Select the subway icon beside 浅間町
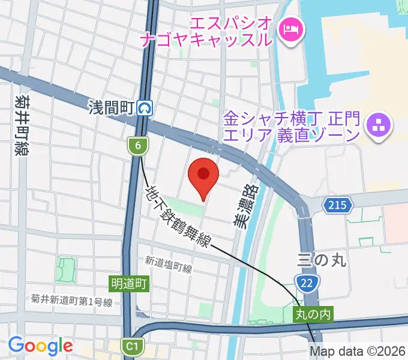145,108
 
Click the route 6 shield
137,145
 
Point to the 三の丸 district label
322,260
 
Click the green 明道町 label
129,281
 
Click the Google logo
40,346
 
